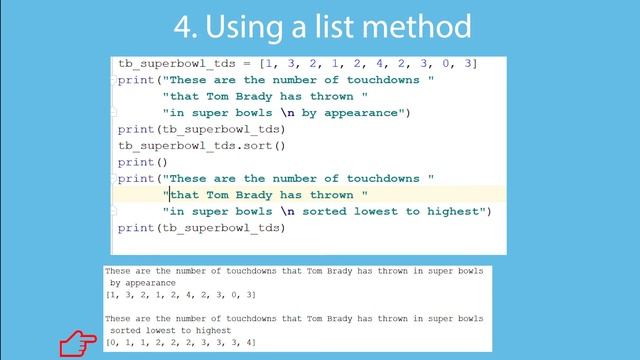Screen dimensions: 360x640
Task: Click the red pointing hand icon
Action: [76, 345]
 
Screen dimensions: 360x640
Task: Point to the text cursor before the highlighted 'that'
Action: [169, 195]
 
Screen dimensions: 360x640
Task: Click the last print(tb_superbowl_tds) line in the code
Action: [201, 228]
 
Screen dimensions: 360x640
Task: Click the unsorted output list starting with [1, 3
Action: [180, 295]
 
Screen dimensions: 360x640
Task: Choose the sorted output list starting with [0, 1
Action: [180, 343]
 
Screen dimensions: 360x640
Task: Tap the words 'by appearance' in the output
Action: [143, 283]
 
